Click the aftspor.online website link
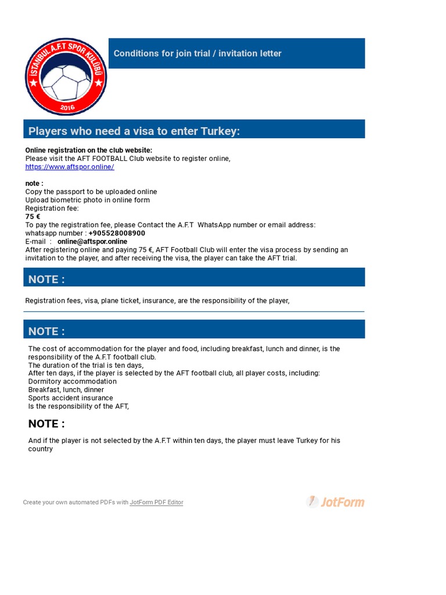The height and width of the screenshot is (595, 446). click(70, 167)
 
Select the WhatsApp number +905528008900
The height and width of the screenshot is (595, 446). click(117, 233)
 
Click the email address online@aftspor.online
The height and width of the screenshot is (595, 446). click(92, 241)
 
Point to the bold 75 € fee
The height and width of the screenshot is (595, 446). click(33, 216)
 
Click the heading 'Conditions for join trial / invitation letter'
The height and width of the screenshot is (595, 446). click(197, 53)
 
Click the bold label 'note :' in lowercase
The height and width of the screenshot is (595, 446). click(34, 183)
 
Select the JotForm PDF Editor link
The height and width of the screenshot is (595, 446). click(156, 503)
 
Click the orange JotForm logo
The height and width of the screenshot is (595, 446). click(336, 501)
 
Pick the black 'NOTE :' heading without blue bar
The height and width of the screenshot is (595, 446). click(46, 424)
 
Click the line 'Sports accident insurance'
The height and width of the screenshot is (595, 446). click(71, 398)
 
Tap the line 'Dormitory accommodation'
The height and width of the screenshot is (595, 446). click(73, 381)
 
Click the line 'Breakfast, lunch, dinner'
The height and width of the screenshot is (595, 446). click(66, 390)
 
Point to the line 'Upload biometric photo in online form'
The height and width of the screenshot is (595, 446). click(88, 200)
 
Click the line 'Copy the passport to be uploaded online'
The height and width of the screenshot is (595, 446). click(91, 192)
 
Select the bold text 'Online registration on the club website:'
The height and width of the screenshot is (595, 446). click(89, 150)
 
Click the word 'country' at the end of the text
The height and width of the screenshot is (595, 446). click(41, 449)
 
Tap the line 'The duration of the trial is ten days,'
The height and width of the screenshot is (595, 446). click(86, 365)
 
